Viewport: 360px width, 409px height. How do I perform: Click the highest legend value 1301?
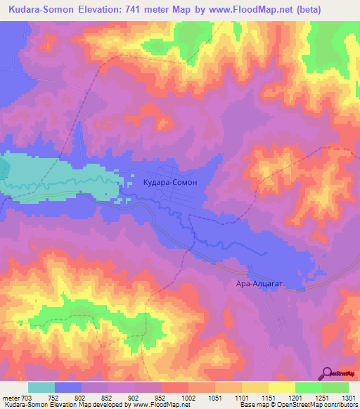click(347, 397)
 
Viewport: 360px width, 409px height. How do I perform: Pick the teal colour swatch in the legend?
click(41, 387)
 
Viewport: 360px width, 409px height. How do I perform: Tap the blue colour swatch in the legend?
click(68, 387)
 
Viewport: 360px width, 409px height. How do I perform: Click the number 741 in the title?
click(143, 9)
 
